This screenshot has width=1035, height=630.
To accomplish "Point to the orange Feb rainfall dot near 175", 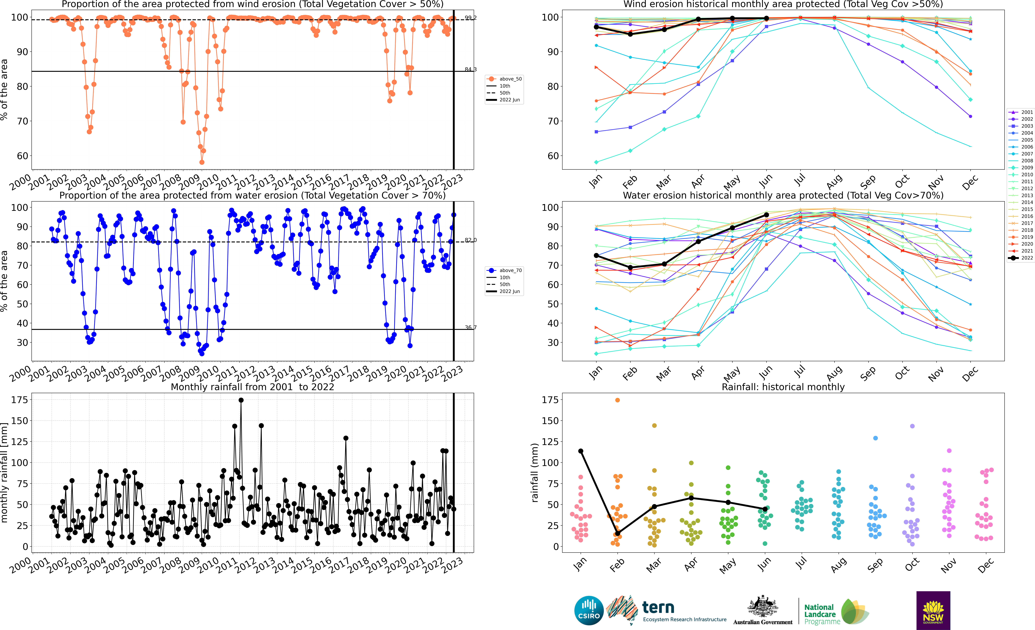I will click(617, 400).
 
